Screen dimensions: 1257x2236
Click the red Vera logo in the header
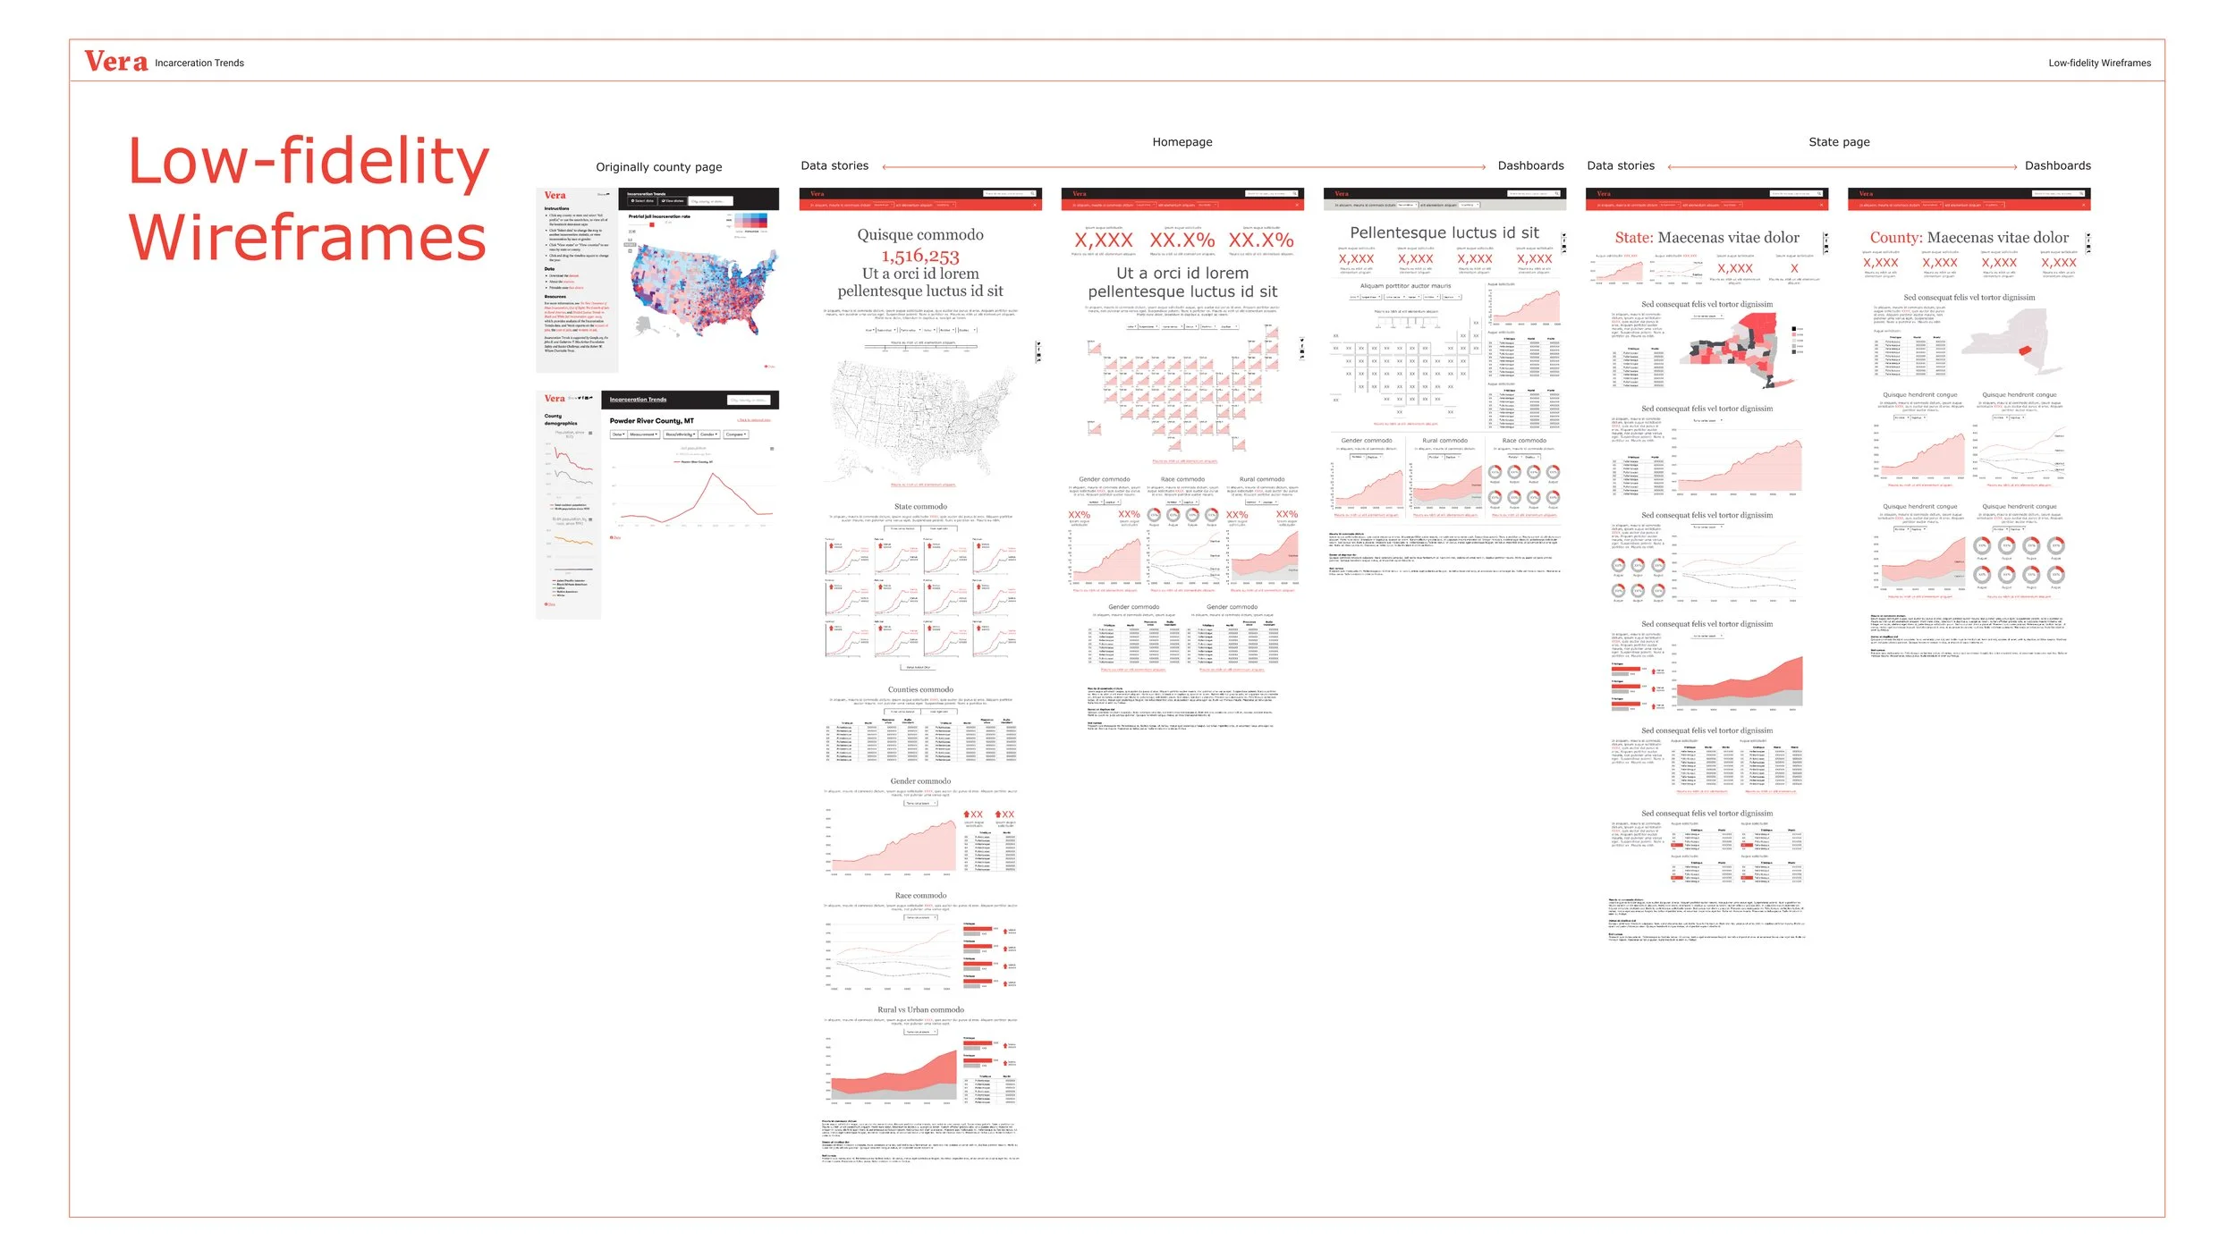pyautogui.click(x=115, y=62)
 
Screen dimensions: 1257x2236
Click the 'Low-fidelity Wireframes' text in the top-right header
pyautogui.click(x=2098, y=63)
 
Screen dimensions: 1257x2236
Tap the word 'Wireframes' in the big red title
pyautogui.click(x=307, y=238)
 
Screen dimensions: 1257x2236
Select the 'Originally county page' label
pyautogui.click(x=658, y=167)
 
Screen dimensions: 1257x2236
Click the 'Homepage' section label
pyautogui.click(x=1182, y=142)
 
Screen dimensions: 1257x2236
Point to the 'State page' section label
pyautogui.click(x=1838, y=142)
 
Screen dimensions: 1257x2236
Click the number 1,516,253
pyautogui.click(x=919, y=256)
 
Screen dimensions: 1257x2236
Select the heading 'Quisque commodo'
pyautogui.click(x=919, y=235)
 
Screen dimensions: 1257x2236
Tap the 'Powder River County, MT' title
pyautogui.click(x=651, y=421)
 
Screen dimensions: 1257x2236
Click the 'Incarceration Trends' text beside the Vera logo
pyautogui.click(x=199, y=63)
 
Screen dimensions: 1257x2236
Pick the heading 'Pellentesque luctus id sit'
pyautogui.click(x=1444, y=233)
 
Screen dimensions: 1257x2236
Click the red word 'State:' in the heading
pyautogui.click(x=1633, y=238)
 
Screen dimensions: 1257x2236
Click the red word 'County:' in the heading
pyautogui.click(x=1895, y=238)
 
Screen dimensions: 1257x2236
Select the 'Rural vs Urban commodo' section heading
pyautogui.click(x=920, y=1010)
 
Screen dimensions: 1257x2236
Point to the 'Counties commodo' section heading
pyautogui.click(x=920, y=690)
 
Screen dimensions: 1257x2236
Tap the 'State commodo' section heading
pyautogui.click(x=920, y=507)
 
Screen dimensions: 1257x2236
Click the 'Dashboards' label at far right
pyautogui.click(x=2057, y=166)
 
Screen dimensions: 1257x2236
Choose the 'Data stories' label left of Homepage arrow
pyautogui.click(x=834, y=166)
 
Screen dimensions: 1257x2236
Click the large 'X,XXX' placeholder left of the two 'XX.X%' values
pyautogui.click(x=1103, y=240)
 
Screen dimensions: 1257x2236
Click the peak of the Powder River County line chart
pyautogui.click(x=712, y=473)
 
